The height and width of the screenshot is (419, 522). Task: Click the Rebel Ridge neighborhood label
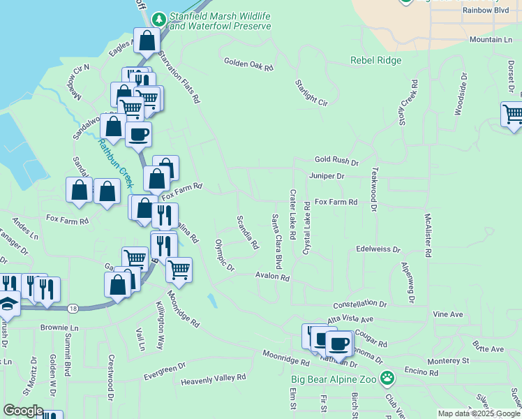pyautogui.click(x=375, y=61)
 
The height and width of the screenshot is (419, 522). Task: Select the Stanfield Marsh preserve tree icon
pyautogui.click(x=160, y=17)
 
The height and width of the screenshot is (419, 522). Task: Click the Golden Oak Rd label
pyautogui.click(x=248, y=64)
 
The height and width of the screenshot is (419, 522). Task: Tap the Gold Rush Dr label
pyautogui.click(x=336, y=161)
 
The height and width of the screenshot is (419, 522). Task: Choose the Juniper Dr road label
pyautogui.click(x=327, y=177)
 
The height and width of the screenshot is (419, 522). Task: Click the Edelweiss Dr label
pyautogui.click(x=378, y=249)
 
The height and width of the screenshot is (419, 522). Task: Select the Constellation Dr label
pyautogui.click(x=359, y=304)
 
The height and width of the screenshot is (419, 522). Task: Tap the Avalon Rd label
pyautogui.click(x=272, y=277)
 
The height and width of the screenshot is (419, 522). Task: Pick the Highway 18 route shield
pyautogui.click(x=73, y=308)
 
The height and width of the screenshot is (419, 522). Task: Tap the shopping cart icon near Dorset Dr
pyautogui.click(x=512, y=113)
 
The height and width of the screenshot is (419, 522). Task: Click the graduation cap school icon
pyautogui.click(x=8, y=304)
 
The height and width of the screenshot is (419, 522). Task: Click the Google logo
pyautogui.click(x=22, y=411)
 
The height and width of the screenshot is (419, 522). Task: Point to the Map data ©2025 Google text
pyautogui.click(x=479, y=413)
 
